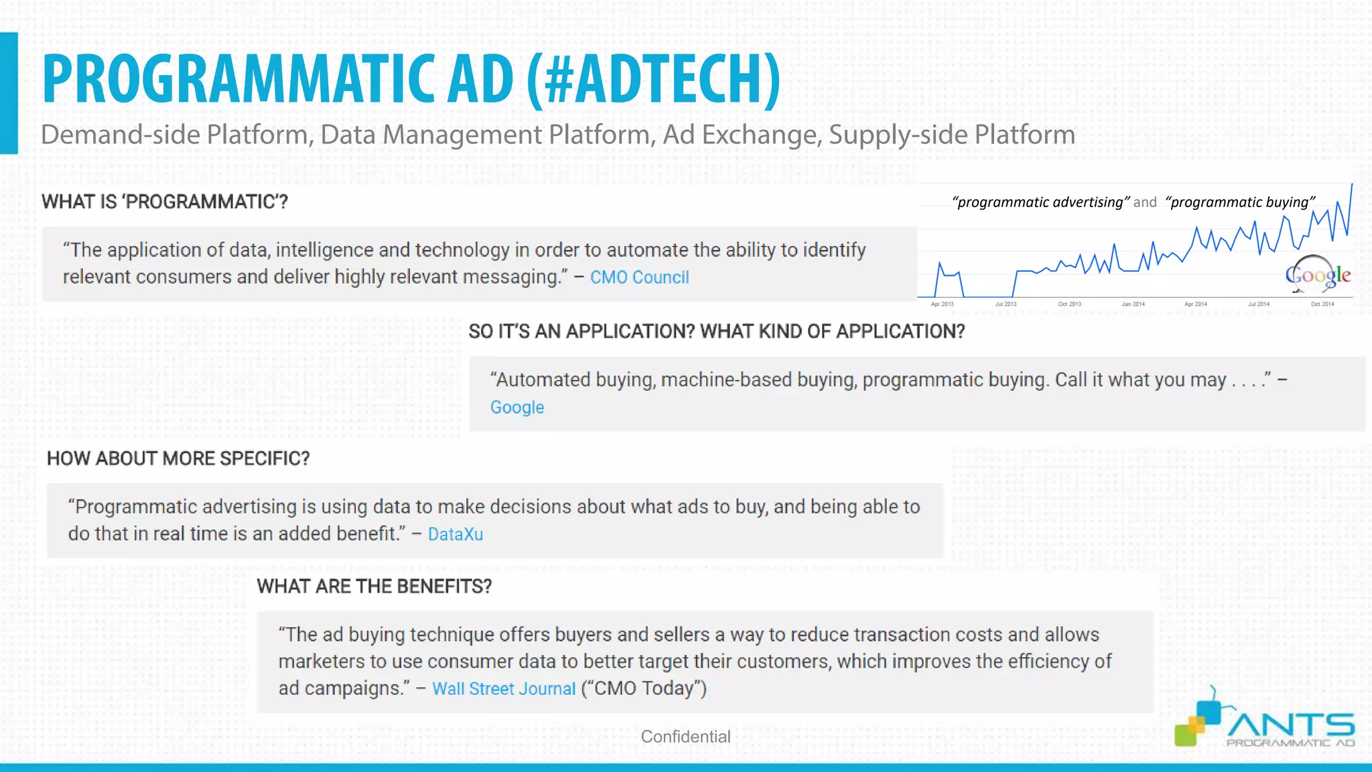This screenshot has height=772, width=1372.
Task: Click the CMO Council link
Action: pos(639,277)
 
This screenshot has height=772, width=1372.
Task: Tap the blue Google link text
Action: pos(517,407)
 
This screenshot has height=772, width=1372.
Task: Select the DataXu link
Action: pos(456,534)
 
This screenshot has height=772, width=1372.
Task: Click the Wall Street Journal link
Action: pos(504,689)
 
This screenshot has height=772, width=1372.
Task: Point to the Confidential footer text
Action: pos(685,736)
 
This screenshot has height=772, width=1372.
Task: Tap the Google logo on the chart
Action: pos(1317,275)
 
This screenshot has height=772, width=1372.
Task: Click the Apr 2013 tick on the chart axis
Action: pos(942,304)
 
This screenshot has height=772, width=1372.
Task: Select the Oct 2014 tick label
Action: pos(1322,304)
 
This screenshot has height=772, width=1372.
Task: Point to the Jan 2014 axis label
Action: pos(1133,304)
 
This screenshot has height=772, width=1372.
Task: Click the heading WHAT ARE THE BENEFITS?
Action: pos(374,586)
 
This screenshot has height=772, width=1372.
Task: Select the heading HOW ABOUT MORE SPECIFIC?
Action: pos(178,458)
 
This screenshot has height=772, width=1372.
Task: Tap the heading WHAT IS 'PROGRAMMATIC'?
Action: pos(165,202)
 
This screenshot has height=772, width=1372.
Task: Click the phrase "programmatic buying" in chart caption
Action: pos(1240,202)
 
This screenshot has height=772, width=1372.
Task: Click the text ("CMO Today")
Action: pos(644,688)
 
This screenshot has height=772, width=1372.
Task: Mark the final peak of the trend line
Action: pos(1351,186)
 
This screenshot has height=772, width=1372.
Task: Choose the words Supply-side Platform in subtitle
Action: pos(952,135)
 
